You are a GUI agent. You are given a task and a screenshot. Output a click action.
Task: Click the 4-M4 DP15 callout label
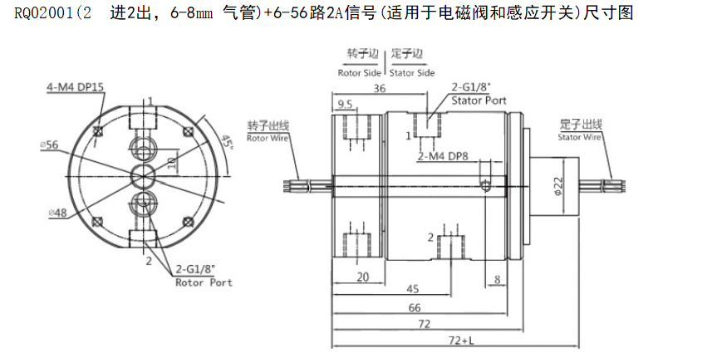pyautogui.click(x=75, y=86)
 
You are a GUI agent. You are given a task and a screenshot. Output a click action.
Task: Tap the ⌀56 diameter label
pyautogui.click(x=49, y=145)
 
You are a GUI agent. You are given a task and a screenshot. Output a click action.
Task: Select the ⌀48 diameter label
pyautogui.click(x=56, y=213)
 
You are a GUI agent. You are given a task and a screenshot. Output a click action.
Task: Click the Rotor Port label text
pyautogui.click(x=204, y=282)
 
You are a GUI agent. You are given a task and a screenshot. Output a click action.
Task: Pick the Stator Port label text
pyautogui.click(x=479, y=99)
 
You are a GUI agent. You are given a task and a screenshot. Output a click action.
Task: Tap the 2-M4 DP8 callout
pyautogui.click(x=441, y=155)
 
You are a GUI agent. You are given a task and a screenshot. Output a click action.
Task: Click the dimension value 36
pyautogui.click(x=379, y=88)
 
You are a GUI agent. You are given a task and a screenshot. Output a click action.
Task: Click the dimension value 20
pyautogui.click(x=362, y=277)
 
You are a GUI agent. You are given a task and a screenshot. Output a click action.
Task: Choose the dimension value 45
pyautogui.click(x=412, y=290)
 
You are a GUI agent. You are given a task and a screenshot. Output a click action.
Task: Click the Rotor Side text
pyautogui.click(x=359, y=72)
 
